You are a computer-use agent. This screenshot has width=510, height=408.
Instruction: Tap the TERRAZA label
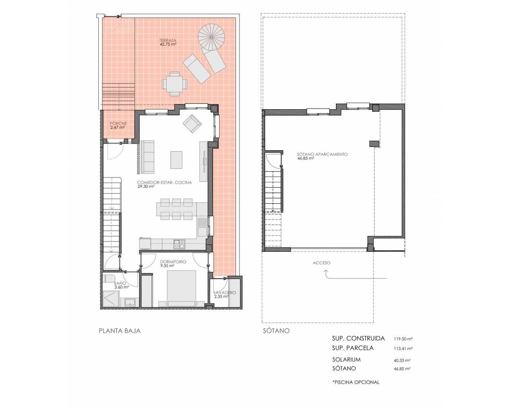tap(168, 40)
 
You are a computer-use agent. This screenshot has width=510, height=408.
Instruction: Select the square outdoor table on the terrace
tap(175, 84)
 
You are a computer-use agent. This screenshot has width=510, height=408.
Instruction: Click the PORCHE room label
tap(118, 124)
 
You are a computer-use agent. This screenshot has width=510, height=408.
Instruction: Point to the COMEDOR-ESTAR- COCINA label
tap(165, 182)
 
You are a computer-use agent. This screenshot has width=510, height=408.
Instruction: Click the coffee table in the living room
tap(177, 160)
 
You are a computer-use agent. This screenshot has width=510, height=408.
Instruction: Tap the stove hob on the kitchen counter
tap(179, 244)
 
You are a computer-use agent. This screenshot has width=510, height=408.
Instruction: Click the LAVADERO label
tap(225, 293)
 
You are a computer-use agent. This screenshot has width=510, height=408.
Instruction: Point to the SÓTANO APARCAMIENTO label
tap(322, 154)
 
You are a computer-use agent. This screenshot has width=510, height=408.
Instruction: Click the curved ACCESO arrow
tap(355, 275)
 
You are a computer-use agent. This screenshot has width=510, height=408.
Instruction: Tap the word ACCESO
tap(322, 263)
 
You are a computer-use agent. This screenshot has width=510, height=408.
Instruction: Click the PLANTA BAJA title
tap(120, 331)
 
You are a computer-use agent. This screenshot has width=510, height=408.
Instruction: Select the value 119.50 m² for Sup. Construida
tap(403, 339)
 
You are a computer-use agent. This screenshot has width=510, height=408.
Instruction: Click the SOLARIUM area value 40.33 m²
tap(402, 360)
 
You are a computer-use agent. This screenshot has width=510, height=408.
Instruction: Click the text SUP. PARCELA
tap(353, 348)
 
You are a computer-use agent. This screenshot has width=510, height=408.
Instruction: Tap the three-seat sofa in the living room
tap(147, 157)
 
